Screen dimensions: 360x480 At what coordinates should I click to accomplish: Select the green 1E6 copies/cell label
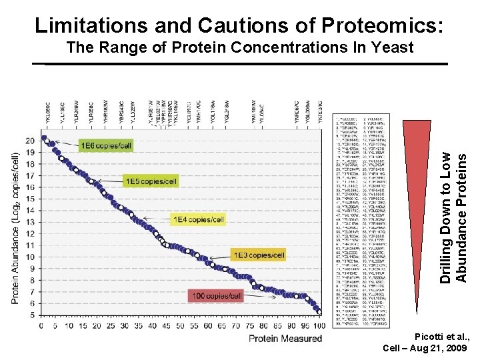tap(106, 145)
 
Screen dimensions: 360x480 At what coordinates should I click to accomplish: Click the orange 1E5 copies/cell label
tap(151, 181)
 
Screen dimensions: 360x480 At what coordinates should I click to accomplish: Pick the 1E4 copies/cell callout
tap(199, 219)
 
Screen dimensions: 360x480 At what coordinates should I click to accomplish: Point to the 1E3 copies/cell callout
tap(259, 255)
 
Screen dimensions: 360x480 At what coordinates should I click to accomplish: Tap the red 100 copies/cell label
tap(219, 295)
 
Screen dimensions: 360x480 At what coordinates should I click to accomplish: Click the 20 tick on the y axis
tap(30, 141)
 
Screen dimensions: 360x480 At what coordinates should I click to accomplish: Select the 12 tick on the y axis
tap(30, 233)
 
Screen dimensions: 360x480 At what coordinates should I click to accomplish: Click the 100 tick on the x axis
tap(319, 326)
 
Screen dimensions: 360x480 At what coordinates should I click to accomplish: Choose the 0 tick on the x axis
tap(41, 326)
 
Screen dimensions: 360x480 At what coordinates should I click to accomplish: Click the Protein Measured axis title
tap(285, 339)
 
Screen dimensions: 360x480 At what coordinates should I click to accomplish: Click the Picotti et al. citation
tap(441, 338)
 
